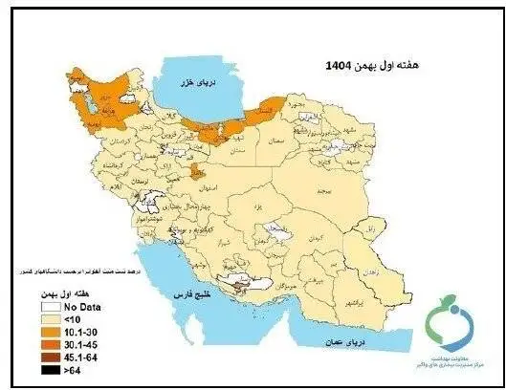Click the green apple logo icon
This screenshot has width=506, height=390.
(452, 322)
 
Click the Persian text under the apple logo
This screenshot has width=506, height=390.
(452, 357)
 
